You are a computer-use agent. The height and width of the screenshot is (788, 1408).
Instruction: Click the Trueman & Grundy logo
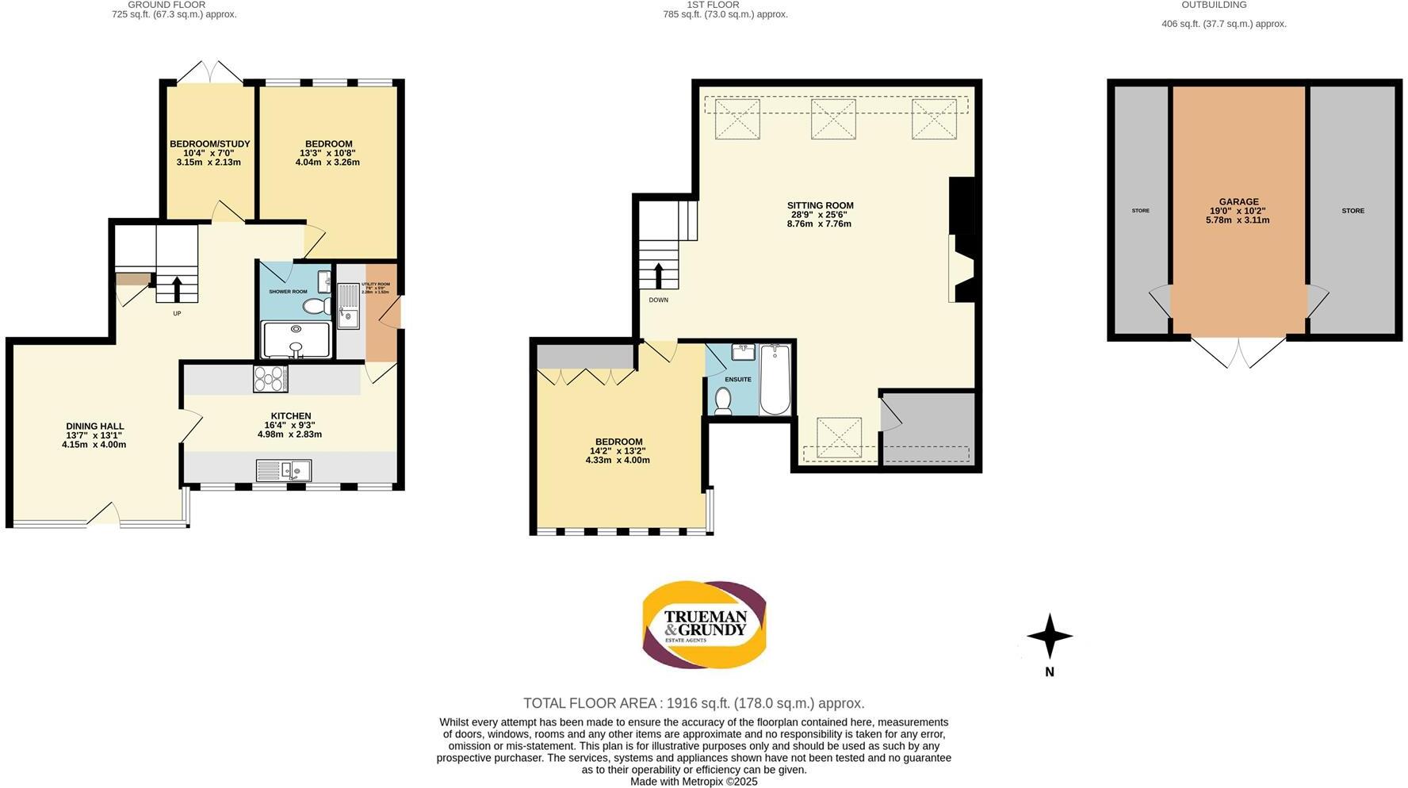[704, 625]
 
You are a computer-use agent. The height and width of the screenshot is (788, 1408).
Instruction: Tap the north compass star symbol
[1050, 636]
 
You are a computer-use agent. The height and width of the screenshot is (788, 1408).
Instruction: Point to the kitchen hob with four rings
[270, 378]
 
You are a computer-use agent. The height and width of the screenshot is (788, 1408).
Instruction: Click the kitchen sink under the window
[283, 470]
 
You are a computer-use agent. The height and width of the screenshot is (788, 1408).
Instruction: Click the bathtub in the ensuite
[775, 381]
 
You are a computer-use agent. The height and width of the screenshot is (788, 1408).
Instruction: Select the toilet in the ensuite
[722, 401]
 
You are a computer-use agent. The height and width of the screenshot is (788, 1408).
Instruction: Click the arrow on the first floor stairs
[659, 276]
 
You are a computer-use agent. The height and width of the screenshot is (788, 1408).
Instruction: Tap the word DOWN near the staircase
[659, 300]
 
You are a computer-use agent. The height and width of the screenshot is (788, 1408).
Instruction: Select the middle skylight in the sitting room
[832, 119]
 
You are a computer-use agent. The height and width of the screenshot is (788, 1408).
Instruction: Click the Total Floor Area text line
[694, 703]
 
